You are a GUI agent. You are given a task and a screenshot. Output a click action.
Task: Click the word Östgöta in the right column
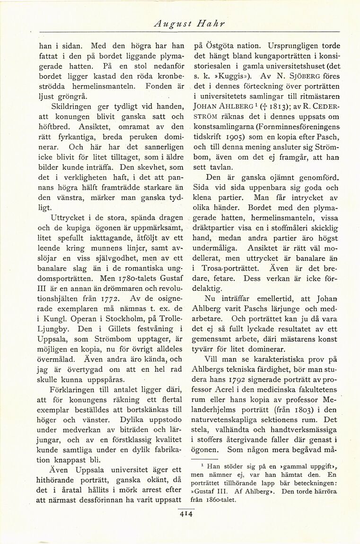(221, 46)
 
